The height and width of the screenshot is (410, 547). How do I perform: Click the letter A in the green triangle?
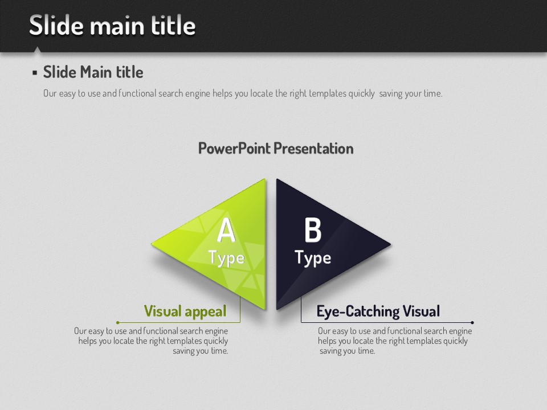point(226,229)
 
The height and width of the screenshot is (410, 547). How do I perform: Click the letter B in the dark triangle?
point(313,229)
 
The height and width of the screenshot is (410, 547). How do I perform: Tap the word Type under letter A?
point(226,259)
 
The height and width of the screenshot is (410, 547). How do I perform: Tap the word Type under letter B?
point(313,259)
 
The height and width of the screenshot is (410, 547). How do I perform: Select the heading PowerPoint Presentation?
point(276,149)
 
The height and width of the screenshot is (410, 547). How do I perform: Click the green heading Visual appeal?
point(185,311)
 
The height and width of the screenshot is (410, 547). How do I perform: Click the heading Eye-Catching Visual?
point(378,311)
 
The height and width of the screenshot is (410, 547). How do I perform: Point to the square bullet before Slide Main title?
point(35,72)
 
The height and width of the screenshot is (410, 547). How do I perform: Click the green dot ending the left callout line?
point(118,322)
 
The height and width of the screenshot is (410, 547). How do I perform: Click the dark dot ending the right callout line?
point(472,322)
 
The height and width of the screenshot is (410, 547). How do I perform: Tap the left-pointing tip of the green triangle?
point(152,244)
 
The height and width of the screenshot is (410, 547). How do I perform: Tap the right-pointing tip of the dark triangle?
point(390,244)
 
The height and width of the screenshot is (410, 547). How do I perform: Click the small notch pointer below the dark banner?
point(37,50)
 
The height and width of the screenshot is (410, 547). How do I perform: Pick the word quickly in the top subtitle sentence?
point(361,93)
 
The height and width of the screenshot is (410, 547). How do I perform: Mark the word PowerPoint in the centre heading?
point(234,149)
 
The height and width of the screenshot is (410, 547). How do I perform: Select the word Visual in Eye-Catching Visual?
point(421,311)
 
